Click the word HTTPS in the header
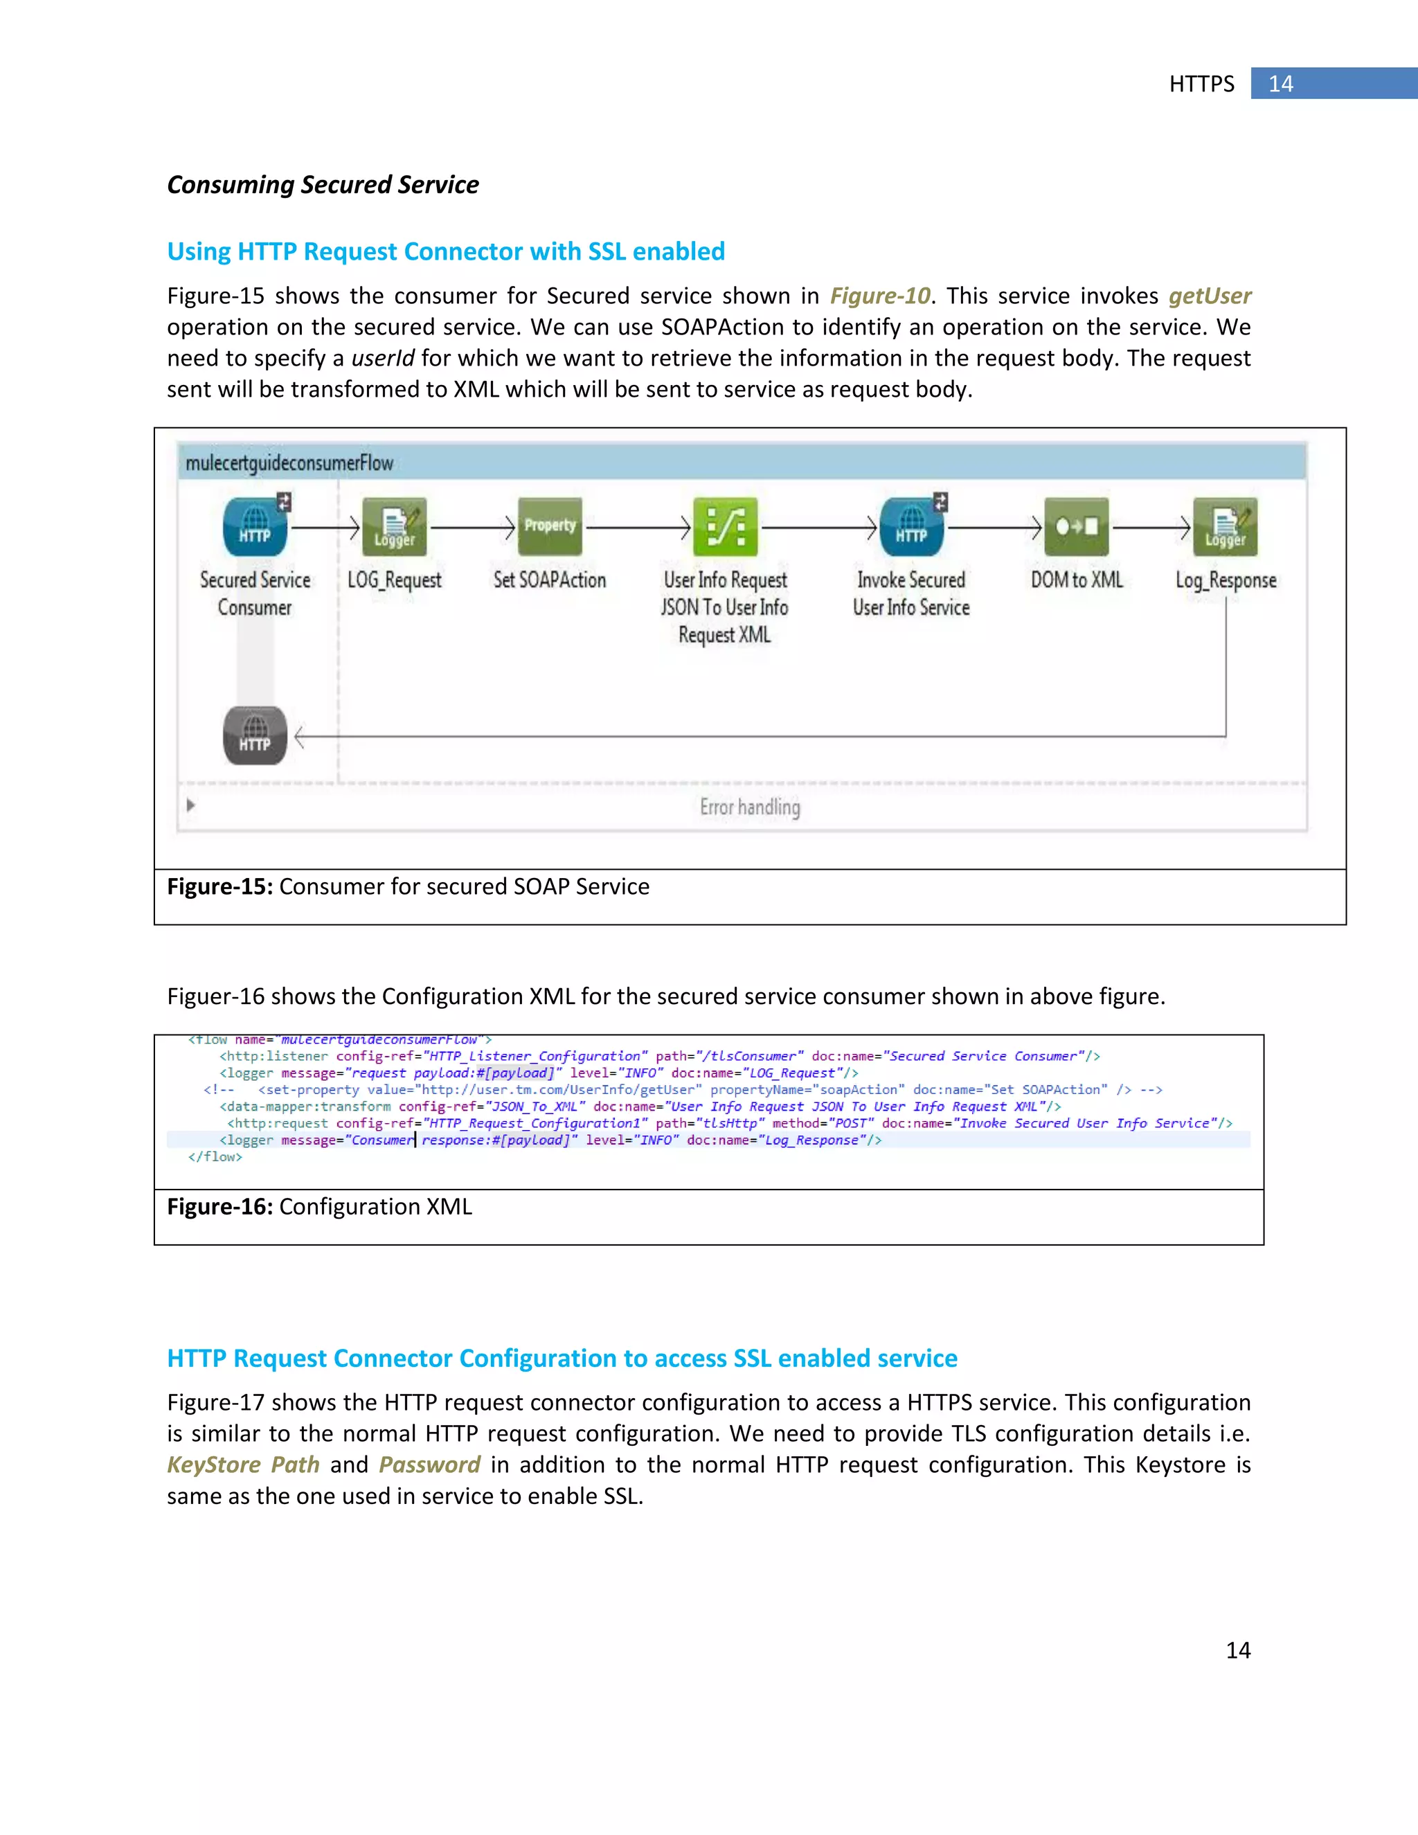(x=1201, y=84)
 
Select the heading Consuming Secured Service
(x=323, y=185)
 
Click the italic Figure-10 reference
(x=879, y=296)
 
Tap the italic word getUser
(x=1209, y=296)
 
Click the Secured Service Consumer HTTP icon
(x=255, y=527)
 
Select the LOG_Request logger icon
(x=394, y=527)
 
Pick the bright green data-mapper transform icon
(x=724, y=527)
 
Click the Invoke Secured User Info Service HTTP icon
(x=911, y=527)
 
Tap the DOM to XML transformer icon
(x=1076, y=527)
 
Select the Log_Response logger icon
(x=1225, y=527)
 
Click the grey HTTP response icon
(x=255, y=735)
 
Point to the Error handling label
(x=749, y=807)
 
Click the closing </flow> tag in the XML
(x=215, y=1157)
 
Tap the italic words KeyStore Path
(x=243, y=1465)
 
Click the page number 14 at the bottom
(x=1237, y=1650)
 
